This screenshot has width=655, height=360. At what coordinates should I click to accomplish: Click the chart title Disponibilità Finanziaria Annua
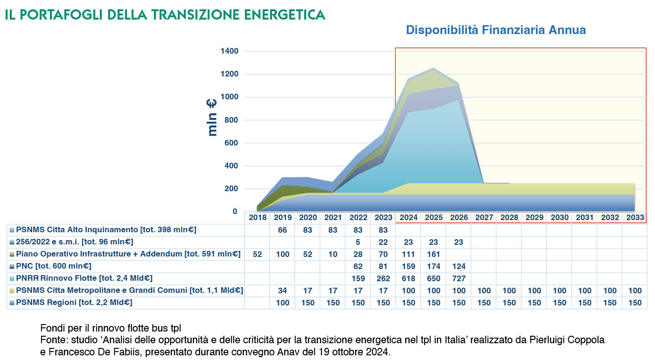pyautogui.click(x=495, y=30)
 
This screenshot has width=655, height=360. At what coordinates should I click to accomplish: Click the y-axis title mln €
pyautogui.click(x=212, y=118)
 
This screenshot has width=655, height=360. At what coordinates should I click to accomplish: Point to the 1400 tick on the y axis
pyautogui.click(x=229, y=51)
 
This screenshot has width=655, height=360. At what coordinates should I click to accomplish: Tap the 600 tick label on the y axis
pyautogui.click(x=231, y=143)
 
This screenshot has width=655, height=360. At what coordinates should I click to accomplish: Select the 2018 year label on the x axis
pyautogui.click(x=257, y=218)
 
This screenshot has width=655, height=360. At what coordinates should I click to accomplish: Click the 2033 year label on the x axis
pyautogui.click(x=635, y=218)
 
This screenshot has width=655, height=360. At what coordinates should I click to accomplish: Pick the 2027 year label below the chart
pyautogui.click(x=484, y=218)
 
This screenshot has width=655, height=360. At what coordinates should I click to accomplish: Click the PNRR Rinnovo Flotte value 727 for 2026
pyautogui.click(x=459, y=278)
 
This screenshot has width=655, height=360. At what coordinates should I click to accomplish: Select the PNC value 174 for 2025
pyautogui.click(x=433, y=266)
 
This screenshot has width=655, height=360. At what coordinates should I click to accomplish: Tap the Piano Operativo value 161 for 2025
pyautogui.click(x=433, y=254)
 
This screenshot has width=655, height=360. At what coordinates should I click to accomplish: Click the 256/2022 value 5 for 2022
pyautogui.click(x=358, y=242)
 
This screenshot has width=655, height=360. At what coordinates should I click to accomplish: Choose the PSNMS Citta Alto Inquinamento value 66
pyautogui.click(x=282, y=230)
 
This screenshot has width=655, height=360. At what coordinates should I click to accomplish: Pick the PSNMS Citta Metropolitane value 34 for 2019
pyautogui.click(x=282, y=291)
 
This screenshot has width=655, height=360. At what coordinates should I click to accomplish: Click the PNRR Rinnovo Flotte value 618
pyautogui.click(x=408, y=278)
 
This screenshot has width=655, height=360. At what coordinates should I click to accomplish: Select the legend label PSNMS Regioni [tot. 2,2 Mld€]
pyautogui.click(x=74, y=302)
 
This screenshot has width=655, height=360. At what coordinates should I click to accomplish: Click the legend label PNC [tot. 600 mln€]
pyautogui.click(x=53, y=266)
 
